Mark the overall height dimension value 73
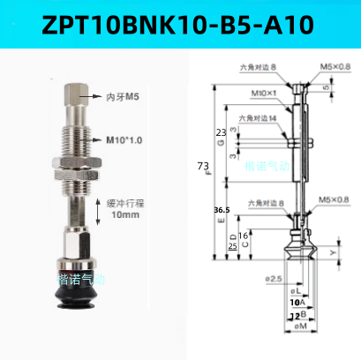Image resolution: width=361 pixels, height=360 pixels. tap(202, 165)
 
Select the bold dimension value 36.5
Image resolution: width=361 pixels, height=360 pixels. tap(222, 210)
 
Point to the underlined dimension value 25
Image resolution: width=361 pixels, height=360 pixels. tap(234, 248)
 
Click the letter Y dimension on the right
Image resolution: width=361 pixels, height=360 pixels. tap(332, 252)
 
